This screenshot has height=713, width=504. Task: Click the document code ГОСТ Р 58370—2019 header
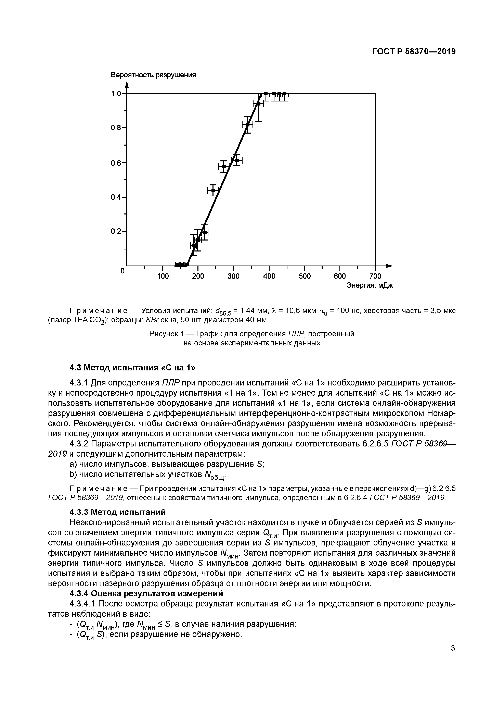pyautogui.click(x=414, y=52)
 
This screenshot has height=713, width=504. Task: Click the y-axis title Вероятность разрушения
pyautogui.click(x=153, y=75)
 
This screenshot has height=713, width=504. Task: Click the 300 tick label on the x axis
pyautogui.click(x=233, y=276)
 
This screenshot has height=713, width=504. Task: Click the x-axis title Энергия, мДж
pyautogui.click(x=369, y=285)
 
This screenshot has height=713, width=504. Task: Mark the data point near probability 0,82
pyautogui.click(x=247, y=125)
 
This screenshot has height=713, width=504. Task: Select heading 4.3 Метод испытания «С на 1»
pyautogui.click(x=132, y=368)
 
